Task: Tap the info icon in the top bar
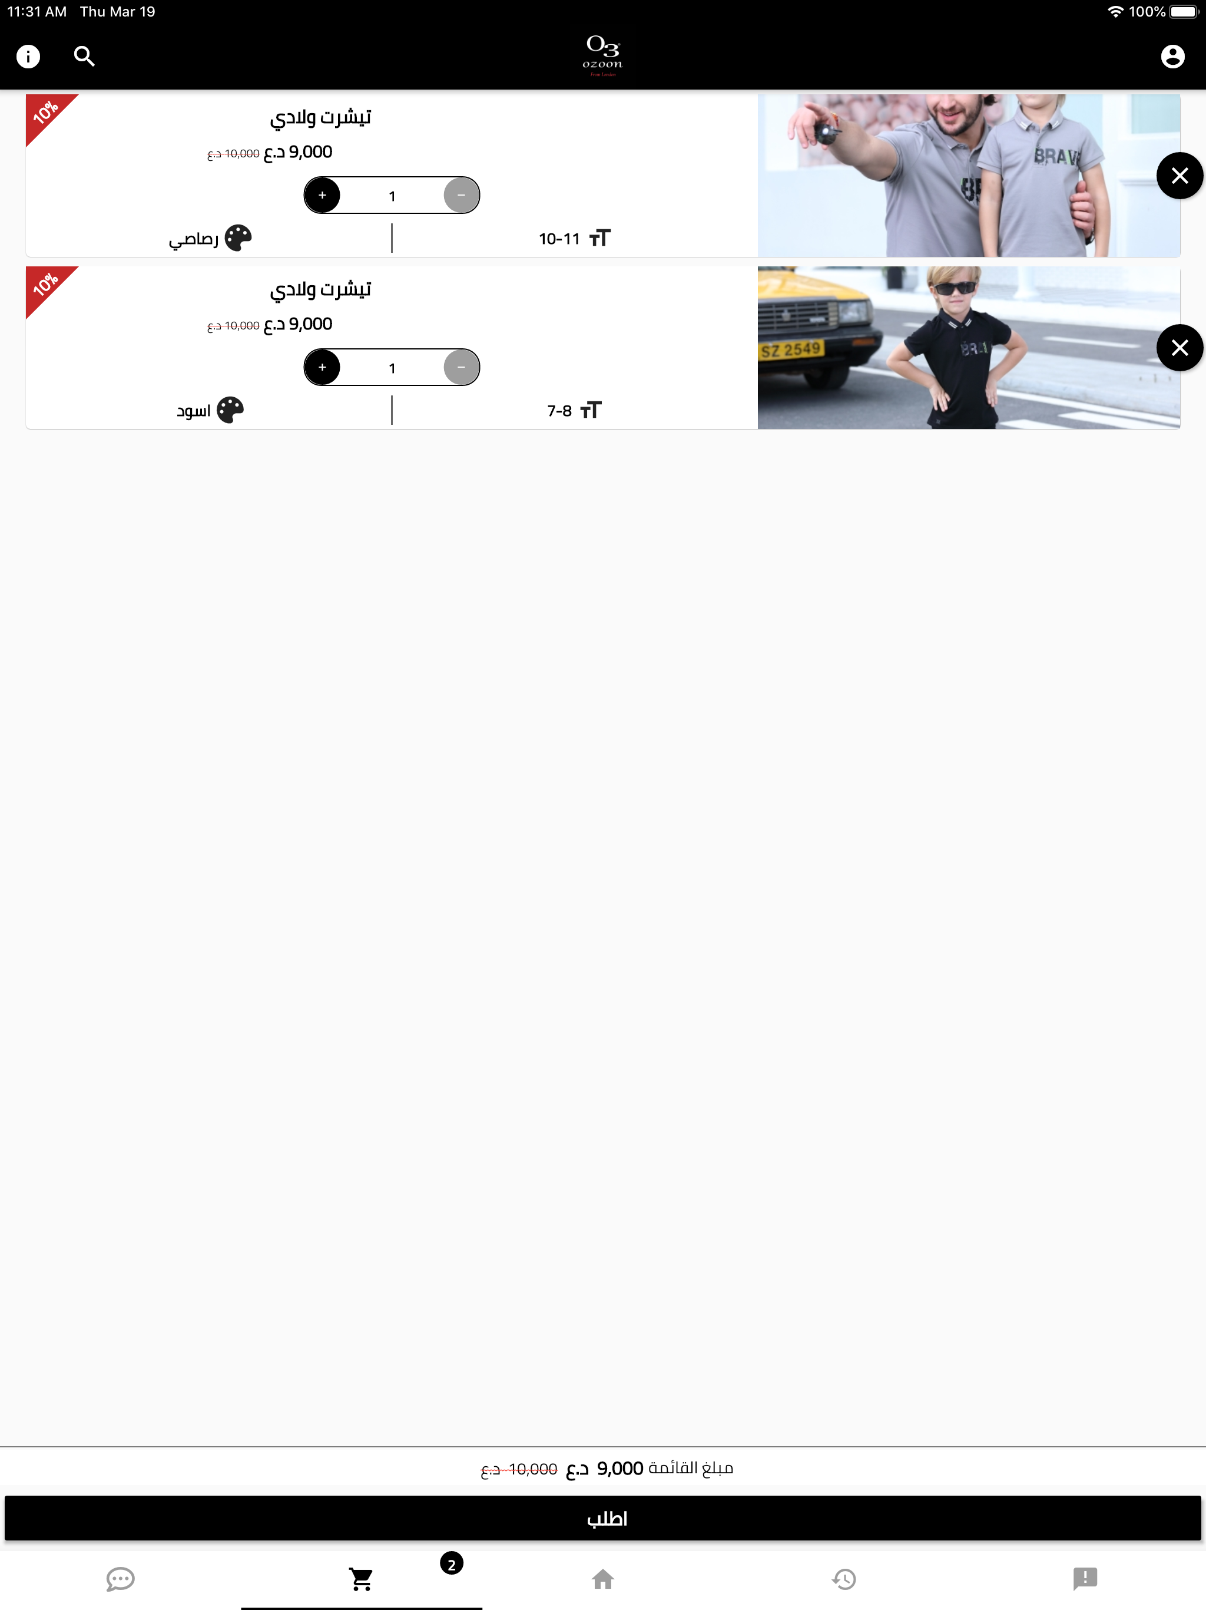28,57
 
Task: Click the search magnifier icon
84,57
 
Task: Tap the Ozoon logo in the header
602,55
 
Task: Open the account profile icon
1172,57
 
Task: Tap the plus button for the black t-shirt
322,368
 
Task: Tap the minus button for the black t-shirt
461,368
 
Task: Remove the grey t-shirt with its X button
1179,176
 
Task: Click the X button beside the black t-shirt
1179,348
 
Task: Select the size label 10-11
559,239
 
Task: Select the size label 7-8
559,411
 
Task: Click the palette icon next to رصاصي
238,238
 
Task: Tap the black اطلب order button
603,1518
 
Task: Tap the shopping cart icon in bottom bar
362,1579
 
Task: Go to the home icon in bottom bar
602,1579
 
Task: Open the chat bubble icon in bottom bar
121,1579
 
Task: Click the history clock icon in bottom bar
844,1579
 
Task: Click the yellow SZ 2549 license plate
791,350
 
